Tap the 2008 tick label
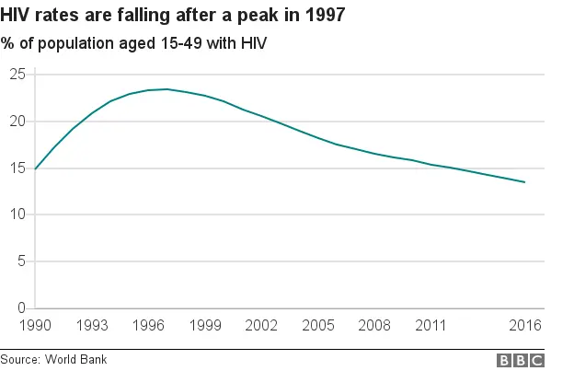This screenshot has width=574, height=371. (x=374, y=325)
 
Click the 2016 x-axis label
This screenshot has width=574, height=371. (x=525, y=325)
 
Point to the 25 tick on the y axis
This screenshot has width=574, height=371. (x=17, y=75)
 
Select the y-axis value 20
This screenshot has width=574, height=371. (x=17, y=122)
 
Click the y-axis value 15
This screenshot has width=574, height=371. (x=17, y=168)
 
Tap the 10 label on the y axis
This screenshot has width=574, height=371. (x=17, y=214)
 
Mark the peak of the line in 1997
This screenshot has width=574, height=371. (x=166, y=89)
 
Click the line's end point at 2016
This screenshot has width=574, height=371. (x=525, y=182)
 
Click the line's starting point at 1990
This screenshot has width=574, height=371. (x=34, y=168)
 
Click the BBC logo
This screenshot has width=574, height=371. (x=521, y=360)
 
